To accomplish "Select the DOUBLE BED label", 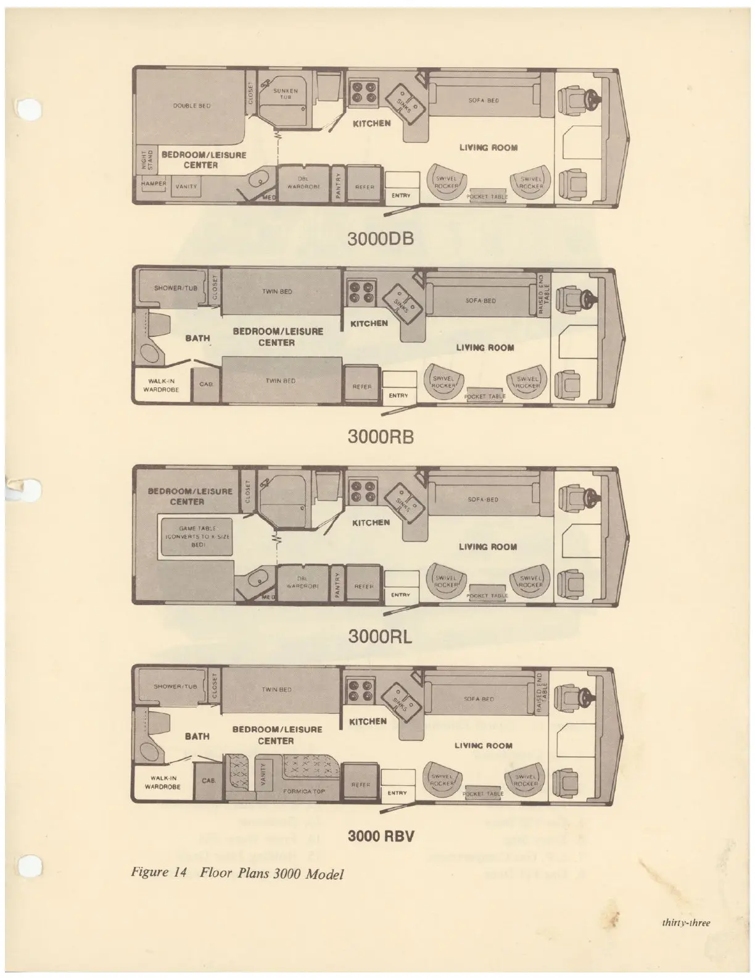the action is (192, 106).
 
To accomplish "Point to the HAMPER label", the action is (149, 184).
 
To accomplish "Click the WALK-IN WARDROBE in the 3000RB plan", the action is (161, 385).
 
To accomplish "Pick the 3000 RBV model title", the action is (380, 837).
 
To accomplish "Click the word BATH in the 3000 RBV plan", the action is (197, 736).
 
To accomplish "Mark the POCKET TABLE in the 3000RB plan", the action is (484, 396).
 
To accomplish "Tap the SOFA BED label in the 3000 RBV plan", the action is (479, 699).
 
